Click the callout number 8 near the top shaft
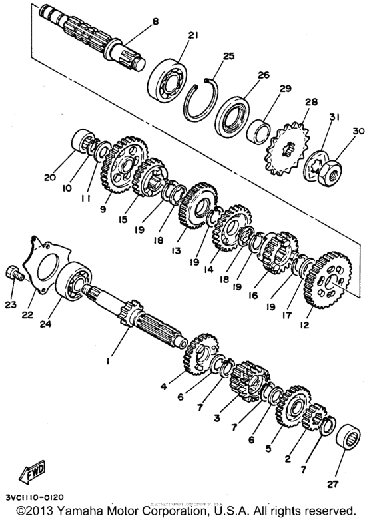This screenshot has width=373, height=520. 155,22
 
